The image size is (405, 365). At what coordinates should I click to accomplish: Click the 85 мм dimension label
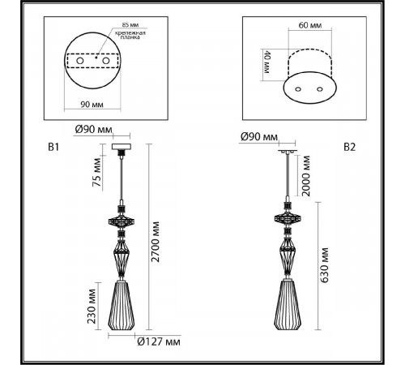pos(130,25)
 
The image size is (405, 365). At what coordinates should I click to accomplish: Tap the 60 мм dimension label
pos(310,25)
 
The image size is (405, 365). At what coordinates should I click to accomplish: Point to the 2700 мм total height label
pos(156,242)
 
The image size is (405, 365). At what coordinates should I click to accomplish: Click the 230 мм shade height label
pos(92,306)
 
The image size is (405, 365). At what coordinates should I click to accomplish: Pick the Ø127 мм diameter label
pos(159,342)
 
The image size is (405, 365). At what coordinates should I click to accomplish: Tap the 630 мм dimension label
pos(324,265)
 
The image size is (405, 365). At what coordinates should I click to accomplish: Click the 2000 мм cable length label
pos(306,176)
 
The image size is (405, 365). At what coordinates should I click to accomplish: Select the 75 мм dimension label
pos(96,172)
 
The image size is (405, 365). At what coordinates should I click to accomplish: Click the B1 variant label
pos(53,147)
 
